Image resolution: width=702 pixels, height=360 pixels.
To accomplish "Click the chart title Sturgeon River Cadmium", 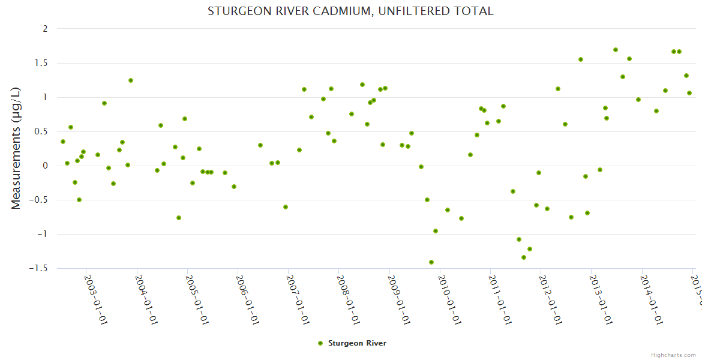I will pyautogui.click(x=350, y=11).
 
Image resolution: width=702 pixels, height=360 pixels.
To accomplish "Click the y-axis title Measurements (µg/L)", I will pyautogui.click(x=16, y=148).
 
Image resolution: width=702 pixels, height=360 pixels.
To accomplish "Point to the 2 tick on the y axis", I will pyautogui.click(x=44, y=29).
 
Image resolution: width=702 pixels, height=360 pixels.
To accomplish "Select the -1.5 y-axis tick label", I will pyautogui.click(x=38, y=268).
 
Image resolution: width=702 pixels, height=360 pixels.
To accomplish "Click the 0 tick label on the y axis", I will pyautogui.click(x=44, y=166).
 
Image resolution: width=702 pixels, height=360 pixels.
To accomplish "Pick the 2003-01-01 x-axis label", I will pyautogui.click(x=95, y=292).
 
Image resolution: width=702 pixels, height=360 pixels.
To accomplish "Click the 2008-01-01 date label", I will pyautogui.click(x=347, y=292).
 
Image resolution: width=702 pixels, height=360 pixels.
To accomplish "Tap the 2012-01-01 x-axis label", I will pyautogui.click(x=550, y=292).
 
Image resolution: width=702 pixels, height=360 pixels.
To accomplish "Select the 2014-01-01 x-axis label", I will pyautogui.click(x=650, y=292).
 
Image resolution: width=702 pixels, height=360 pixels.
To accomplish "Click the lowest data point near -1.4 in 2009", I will pyautogui.click(x=431, y=262).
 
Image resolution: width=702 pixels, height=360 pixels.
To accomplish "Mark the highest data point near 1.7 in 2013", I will pyautogui.click(x=616, y=50).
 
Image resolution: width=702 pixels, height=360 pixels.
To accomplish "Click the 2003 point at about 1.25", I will pyautogui.click(x=131, y=80).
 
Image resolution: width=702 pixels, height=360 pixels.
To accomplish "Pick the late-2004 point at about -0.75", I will pyautogui.click(x=179, y=218).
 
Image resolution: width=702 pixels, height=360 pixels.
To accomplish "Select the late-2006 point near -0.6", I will pyautogui.click(x=286, y=207).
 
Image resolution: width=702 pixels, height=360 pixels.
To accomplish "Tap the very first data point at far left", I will pyautogui.click(x=63, y=142).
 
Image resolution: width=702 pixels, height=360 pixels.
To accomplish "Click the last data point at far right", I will pyautogui.click(x=689, y=93).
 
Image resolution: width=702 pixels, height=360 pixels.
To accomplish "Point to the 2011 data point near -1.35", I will pyautogui.click(x=524, y=257).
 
